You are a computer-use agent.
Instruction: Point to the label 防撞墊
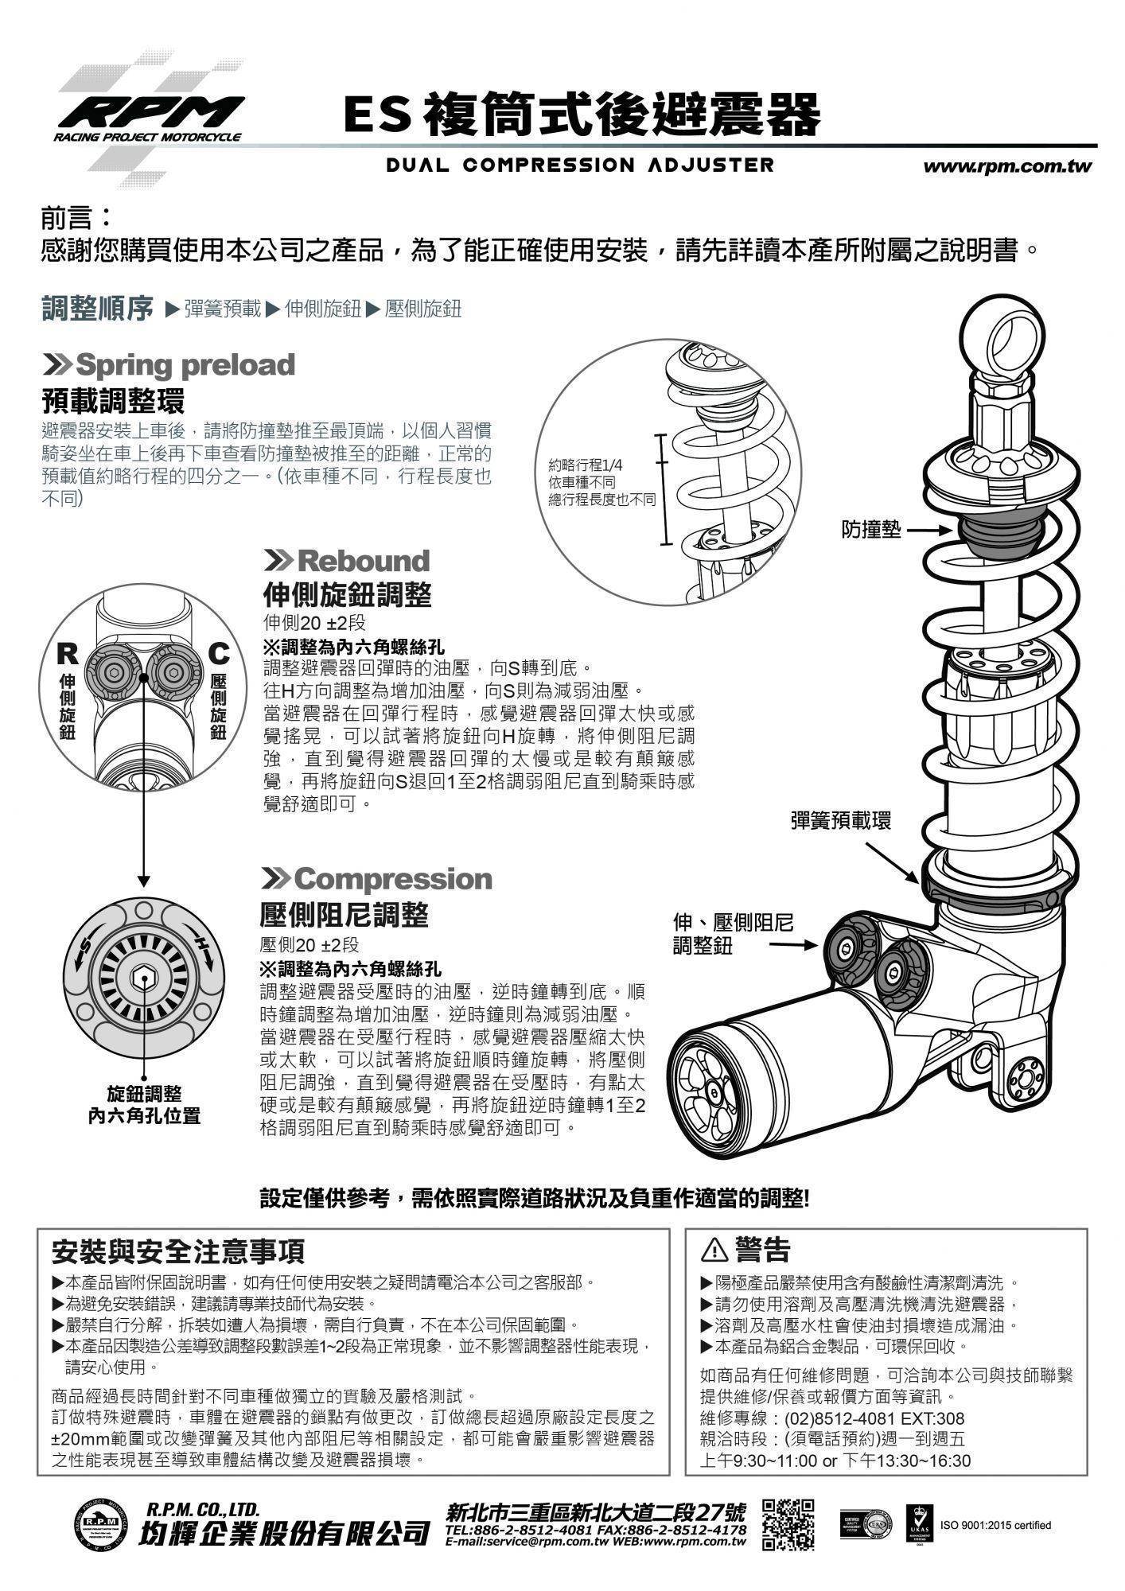click(872, 530)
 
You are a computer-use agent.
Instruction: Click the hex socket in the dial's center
click(143, 981)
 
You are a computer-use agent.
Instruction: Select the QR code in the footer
click(788, 1524)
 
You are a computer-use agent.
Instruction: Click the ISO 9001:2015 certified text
click(995, 1525)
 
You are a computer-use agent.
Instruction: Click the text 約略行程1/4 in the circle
click(586, 466)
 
